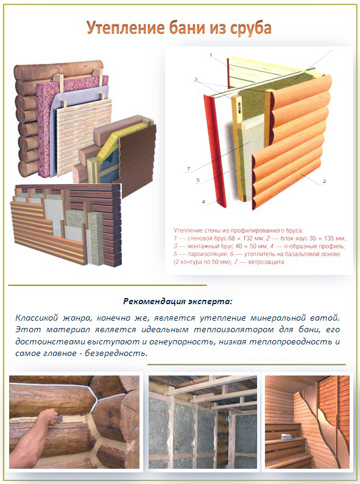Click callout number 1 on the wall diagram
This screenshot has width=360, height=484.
point(211,55)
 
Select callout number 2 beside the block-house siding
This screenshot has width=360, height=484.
point(324,181)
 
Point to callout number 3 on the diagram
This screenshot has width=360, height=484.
point(196,80)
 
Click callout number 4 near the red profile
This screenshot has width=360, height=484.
point(203,202)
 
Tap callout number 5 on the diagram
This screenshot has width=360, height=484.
point(199,180)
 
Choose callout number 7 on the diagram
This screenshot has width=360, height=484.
point(188,169)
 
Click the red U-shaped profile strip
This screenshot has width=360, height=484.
point(215,151)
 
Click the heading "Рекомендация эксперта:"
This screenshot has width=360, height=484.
point(177,301)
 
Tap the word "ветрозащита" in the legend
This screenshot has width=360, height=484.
point(266,262)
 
